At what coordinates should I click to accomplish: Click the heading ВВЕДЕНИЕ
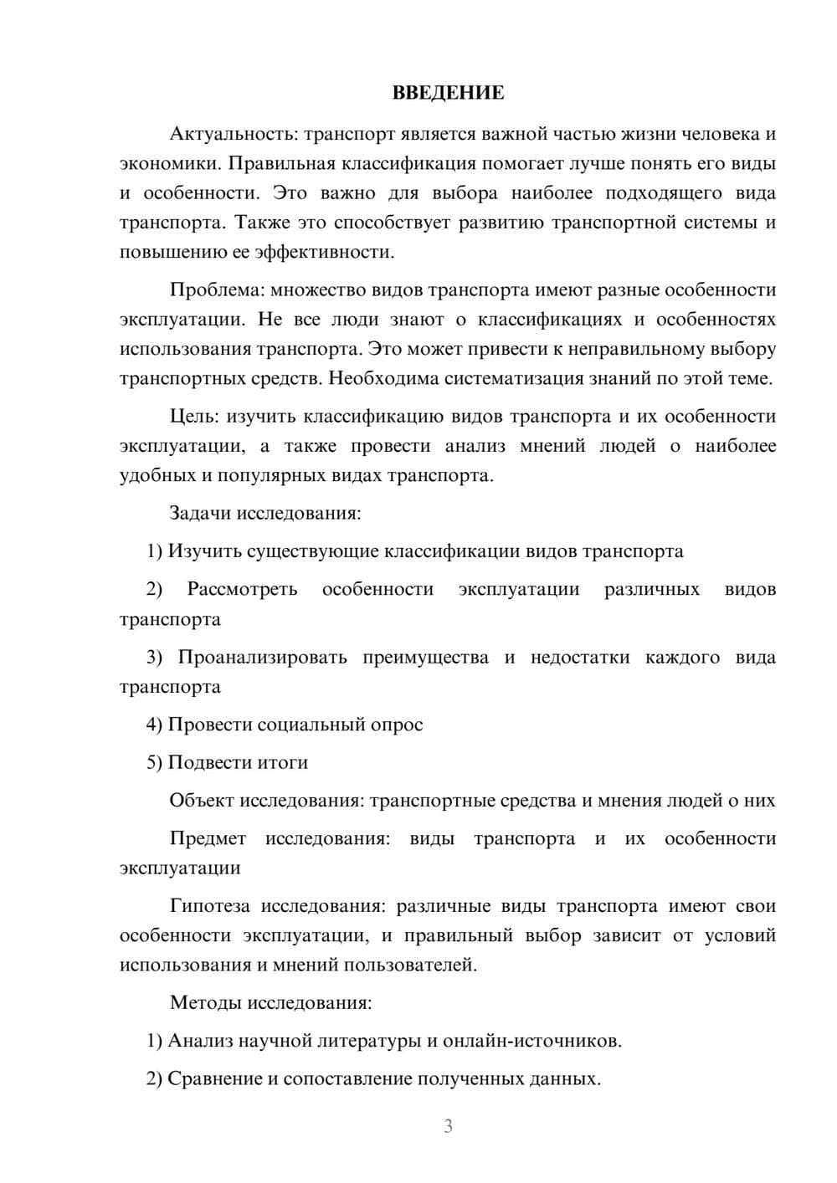pos(448,93)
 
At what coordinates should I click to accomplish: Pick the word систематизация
pos(515,378)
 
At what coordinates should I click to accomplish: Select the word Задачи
pos(200,513)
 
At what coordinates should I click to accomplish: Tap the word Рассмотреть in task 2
pos(242,589)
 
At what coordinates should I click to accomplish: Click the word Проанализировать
pos(262,657)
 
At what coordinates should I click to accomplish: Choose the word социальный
pos(311,725)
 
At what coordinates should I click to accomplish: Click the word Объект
pos(202,801)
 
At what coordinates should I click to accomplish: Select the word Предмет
pos(208,838)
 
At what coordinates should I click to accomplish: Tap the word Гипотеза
pos(211,906)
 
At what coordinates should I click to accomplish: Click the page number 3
pos(448,1126)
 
